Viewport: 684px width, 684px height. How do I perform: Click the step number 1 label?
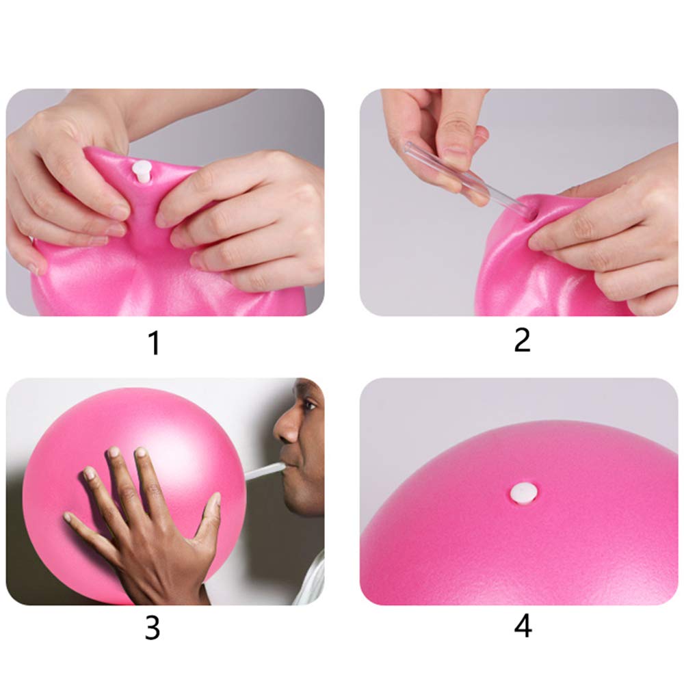coord(155,343)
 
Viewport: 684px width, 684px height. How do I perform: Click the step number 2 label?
coord(522,340)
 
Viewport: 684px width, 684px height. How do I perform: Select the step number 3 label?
coord(153,628)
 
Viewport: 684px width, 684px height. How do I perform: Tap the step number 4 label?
coord(523,626)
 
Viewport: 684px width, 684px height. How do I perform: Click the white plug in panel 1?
coord(142,172)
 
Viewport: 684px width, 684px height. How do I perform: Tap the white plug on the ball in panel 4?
coord(524,493)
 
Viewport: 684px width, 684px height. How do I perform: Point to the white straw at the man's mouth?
coord(265,471)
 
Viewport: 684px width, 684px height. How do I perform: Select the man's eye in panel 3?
coord(308,406)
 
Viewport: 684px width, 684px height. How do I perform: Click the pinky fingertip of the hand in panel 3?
coord(68,517)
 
